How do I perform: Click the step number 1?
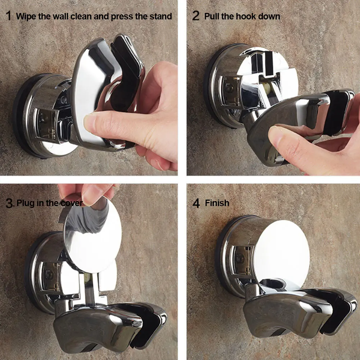8,16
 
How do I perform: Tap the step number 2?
196,16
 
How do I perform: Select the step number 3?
10,203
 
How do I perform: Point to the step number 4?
196,203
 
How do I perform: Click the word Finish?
217,203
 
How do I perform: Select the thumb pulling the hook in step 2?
284,138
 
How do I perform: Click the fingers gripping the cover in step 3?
86,192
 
